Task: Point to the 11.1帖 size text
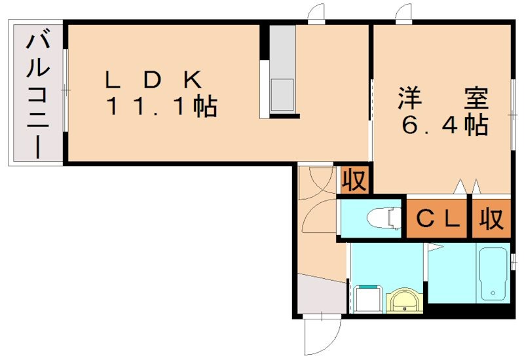click(161, 106)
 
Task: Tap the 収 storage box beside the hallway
click(354, 180)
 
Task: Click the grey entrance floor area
click(320, 295)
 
